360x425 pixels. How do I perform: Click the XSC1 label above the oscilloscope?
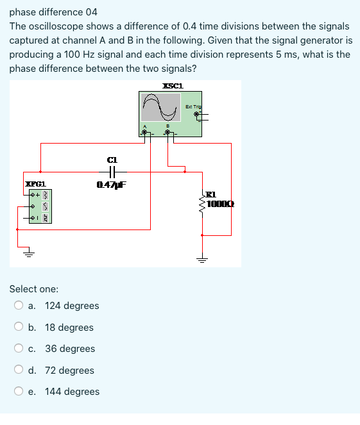pyautogui.click(x=173, y=86)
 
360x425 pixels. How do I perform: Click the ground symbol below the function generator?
pyautogui.click(x=28, y=253)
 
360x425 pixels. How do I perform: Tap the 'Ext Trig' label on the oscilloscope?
pyautogui.click(x=193, y=106)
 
